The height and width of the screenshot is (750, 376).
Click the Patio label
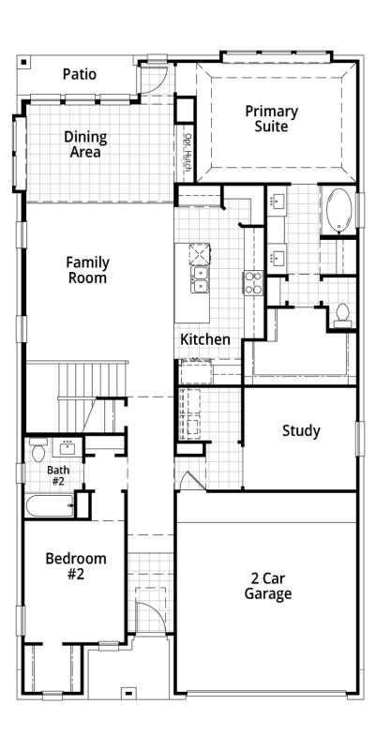pos(80,74)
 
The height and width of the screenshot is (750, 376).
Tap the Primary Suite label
pos(271,119)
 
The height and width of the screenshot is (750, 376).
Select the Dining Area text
pos(85,144)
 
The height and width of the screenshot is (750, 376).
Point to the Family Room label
pos(87,270)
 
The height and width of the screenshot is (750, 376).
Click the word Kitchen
pos(205,339)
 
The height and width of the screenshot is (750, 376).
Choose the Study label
pos(301,431)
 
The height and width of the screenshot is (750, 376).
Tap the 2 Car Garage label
pos(268,587)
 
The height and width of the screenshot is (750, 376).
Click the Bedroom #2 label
pos(76,566)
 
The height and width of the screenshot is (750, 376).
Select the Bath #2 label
pos(58,475)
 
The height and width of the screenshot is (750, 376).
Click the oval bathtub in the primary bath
pos(338,210)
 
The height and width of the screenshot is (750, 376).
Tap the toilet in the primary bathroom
pos(342,316)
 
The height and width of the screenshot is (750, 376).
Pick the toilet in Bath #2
pos(38,450)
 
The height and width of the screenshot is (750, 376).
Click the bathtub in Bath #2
pos(50,506)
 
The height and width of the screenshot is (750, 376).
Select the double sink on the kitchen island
pos(200,279)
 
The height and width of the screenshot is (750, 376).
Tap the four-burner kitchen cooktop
pos(252,283)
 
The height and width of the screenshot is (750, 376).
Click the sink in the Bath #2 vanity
pos(67,449)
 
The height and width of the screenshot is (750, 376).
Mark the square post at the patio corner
pos(24,62)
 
